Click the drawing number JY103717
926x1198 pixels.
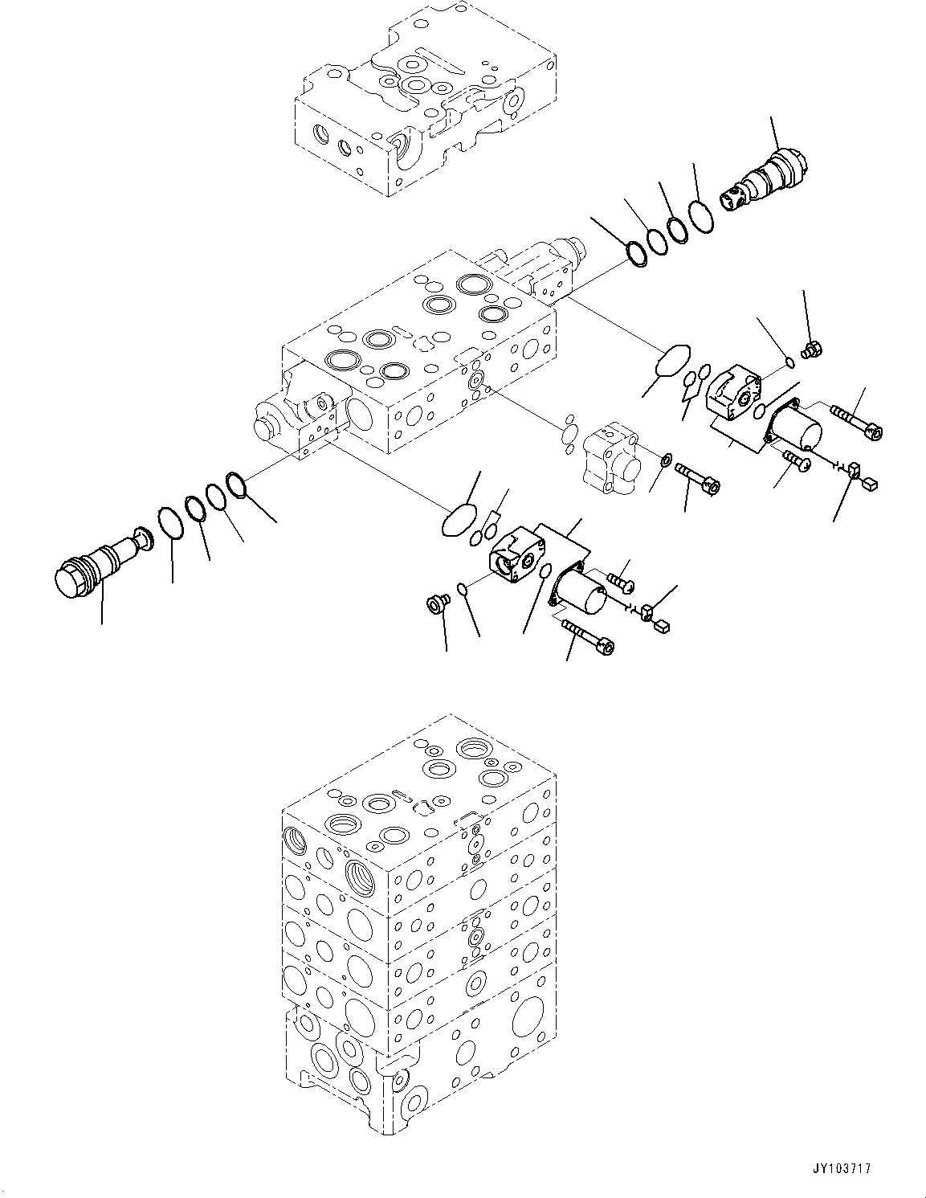point(842,1168)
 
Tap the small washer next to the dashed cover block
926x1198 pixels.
point(665,460)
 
